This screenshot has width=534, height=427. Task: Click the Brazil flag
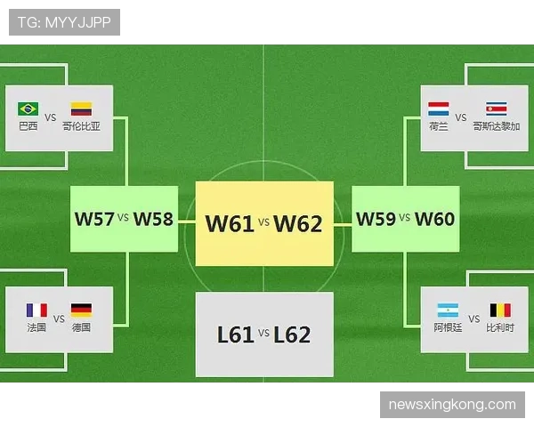[28, 109]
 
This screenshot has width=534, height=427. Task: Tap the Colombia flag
[81, 109]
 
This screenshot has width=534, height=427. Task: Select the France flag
[36, 310]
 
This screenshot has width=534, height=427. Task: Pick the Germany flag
[81, 310]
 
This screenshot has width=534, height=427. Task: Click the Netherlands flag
[438, 109]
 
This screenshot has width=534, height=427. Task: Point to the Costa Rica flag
[497, 109]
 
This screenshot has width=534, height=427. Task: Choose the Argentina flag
[448, 310]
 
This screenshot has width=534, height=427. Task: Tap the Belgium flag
[500, 310]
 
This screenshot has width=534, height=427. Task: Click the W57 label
[94, 219]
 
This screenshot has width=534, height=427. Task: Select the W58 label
[153, 219]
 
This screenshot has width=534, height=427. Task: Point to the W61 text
[230, 223]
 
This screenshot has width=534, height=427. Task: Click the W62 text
[298, 223]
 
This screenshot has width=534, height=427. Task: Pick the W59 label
[376, 219]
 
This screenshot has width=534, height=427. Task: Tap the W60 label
[435, 219]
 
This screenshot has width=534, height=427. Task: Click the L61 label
[236, 334]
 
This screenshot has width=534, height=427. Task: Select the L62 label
[292, 334]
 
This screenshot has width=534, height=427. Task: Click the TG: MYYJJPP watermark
[64, 22]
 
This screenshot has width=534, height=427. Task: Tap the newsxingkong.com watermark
[452, 405]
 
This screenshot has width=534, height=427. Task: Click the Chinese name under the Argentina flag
[448, 327]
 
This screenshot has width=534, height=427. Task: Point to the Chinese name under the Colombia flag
[81, 126]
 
